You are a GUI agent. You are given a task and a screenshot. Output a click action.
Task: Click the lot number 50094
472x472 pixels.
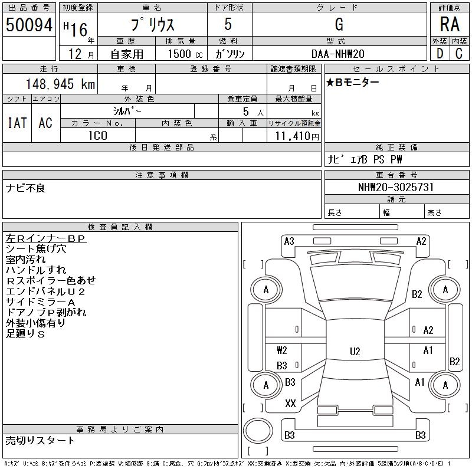point(29,25)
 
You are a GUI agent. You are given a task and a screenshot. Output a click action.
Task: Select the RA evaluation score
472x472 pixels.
point(450,24)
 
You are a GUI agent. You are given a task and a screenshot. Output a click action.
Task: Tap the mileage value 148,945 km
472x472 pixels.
point(60,84)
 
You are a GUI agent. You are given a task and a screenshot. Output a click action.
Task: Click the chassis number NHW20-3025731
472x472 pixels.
point(396,187)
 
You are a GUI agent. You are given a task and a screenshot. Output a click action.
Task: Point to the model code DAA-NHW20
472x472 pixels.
point(337,54)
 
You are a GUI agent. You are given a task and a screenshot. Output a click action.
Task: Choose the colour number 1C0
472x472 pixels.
point(98,136)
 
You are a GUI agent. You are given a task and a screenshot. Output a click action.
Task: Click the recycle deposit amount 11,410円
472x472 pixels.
point(297,136)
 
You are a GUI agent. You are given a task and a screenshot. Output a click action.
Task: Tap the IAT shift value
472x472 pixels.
point(17,123)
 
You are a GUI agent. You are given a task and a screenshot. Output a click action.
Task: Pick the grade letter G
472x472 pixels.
point(339,24)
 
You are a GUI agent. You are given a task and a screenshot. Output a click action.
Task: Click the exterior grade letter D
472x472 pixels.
point(440,54)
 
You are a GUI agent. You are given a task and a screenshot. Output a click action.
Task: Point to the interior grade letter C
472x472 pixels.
point(459,54)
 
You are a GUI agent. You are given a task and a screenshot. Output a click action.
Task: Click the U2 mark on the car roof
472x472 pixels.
point(355,351)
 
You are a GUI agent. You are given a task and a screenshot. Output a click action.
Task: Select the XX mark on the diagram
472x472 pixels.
point(290,404)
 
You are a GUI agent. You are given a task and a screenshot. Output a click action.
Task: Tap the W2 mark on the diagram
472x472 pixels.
point(282,350)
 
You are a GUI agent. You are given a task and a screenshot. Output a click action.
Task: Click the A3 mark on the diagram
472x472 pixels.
point(289,241)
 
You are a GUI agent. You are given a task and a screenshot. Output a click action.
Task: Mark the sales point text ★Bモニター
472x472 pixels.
point(352,82)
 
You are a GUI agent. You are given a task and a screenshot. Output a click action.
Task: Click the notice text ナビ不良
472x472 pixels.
point(25,188)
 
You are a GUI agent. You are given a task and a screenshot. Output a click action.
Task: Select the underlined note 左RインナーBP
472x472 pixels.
point(46,238)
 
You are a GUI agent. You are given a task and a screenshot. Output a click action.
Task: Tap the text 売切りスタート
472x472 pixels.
point(40,440)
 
